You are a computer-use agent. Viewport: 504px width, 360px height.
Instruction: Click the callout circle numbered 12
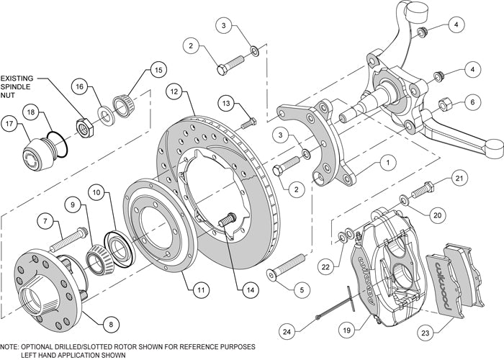coord(175,91)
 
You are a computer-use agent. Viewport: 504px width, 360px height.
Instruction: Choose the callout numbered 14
coord(249,291)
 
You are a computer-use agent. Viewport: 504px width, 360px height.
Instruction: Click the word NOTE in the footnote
coord(14,346)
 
